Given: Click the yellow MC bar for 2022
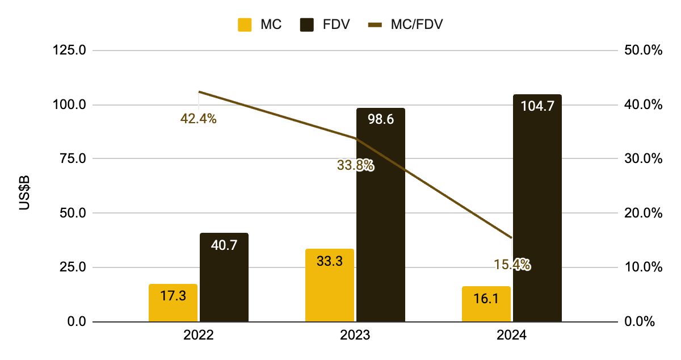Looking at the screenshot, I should click(173, 303).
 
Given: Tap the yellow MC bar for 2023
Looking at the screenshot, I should click(329, 286).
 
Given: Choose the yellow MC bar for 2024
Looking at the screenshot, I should click(486, 304).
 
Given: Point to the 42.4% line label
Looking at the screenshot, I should click(198, 119).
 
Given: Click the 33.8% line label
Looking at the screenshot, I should click(355, 165).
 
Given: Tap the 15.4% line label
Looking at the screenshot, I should click(511, 264).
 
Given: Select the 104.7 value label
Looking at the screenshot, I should click(537, 106).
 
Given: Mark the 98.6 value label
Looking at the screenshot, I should click(380, 119).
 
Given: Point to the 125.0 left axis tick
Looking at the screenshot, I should click(69, 50).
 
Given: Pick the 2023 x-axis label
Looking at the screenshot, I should click(355, 336).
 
